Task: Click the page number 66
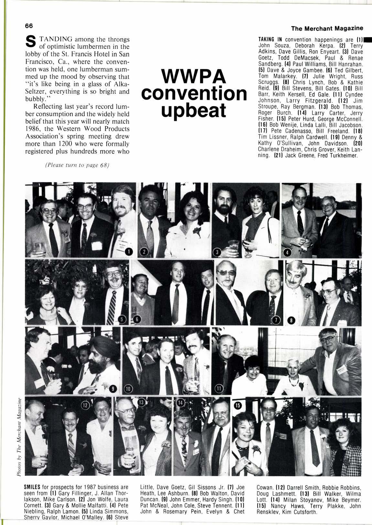pos(26,26)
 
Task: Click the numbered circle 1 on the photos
pos(128,252)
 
